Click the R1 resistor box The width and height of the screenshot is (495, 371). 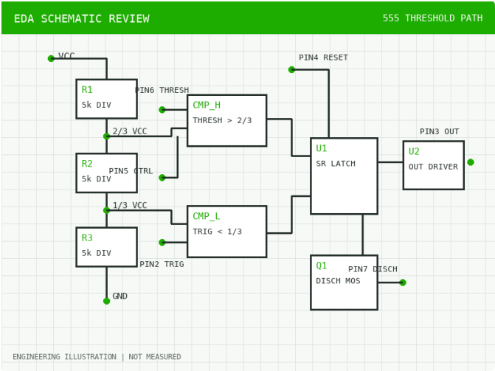107,99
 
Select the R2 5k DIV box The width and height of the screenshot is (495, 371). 107,173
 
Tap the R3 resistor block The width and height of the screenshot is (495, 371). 107,247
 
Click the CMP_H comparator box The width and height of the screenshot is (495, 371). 227,121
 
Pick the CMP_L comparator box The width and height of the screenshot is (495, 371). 227,232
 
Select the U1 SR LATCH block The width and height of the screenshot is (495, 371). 344,176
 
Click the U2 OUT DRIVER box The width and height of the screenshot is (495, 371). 434,165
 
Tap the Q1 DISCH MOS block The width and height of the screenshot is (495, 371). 344,282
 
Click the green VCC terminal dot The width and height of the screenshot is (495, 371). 51,58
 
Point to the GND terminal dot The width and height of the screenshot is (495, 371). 107,301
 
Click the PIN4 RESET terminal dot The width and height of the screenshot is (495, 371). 291,69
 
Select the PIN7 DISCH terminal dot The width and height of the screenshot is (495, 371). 403,282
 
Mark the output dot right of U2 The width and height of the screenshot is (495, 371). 471,162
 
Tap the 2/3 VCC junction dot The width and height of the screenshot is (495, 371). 107,136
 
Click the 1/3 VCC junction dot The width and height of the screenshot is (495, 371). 107,210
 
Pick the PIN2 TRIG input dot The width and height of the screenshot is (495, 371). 162,242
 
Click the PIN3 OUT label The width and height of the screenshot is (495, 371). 439,131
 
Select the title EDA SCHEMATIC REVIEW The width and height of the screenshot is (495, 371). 82,18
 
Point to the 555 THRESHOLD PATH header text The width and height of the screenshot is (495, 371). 432,18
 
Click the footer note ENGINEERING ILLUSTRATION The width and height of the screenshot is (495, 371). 64,357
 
